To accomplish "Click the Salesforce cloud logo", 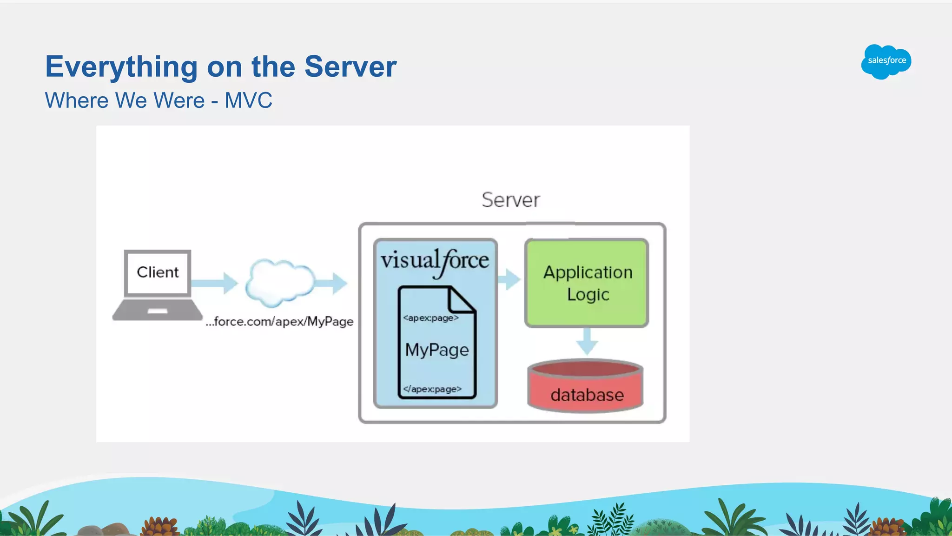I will [886, 61].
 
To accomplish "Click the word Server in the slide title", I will [350, 66].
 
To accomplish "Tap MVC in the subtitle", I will [248, 100].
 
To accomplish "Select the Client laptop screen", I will [158, 272].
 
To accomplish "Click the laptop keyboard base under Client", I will [158, 310].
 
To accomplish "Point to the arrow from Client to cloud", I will [215, 283].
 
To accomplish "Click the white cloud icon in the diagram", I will [279, 283].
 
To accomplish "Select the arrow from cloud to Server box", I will [333, 283].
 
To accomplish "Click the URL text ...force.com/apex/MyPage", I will [279, 322].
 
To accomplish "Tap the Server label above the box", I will [510, 200].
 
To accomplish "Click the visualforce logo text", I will [435, 261].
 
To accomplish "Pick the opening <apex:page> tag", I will [430, 318].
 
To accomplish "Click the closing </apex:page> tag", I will [432, 389].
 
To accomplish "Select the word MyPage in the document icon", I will [437, 350].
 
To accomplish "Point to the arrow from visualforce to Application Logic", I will [509, 279].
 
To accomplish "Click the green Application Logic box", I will [587, 283].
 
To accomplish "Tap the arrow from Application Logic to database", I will [587, 342].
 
